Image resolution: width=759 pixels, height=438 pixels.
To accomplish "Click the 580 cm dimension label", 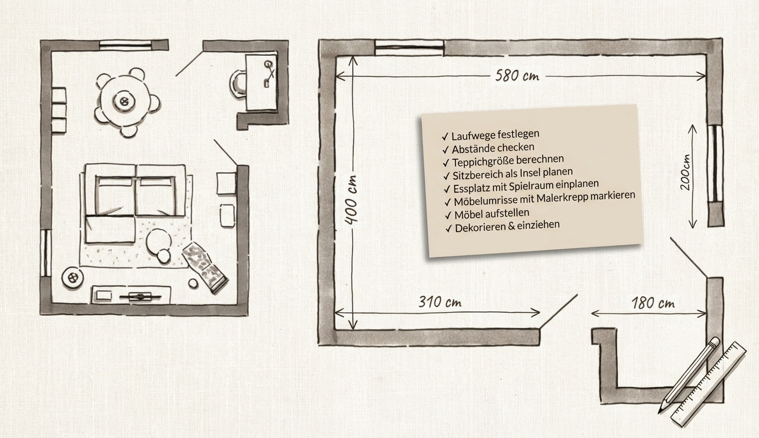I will coord(517,76).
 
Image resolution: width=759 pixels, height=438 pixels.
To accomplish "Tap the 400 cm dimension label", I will coord(351,199).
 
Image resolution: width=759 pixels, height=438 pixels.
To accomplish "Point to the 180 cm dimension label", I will coord(653,304).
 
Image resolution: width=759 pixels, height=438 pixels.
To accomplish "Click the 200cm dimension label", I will coord(685,172).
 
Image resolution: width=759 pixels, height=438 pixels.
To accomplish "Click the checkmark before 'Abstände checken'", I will coord(445,150).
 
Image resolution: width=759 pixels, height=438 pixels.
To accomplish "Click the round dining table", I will coord(123,101).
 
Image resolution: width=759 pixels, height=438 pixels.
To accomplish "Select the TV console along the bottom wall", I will coord(131,294).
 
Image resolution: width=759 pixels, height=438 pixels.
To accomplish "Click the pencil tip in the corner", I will coord(662,408).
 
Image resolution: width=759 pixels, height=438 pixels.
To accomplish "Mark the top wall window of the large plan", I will coord(410,49).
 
